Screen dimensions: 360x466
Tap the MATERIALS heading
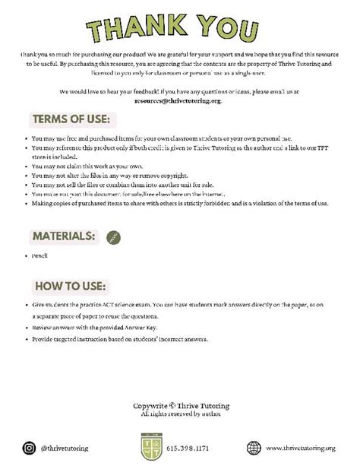[x=64, y=236]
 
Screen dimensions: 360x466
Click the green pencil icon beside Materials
[x=113, y=237]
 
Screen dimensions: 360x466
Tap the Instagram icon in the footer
[x=30, y=448]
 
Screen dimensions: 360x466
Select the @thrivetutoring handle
[x=65, y=448]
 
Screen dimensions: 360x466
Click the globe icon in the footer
[x=254, y=448]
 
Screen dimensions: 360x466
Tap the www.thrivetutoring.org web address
[x=301, y=448]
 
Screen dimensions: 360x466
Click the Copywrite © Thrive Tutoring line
[x=180, y=405]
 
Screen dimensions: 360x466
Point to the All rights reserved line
[x=180, y=414]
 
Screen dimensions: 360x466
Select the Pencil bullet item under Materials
[x=39, y=255]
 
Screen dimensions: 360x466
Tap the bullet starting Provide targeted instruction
[x=119, y=339]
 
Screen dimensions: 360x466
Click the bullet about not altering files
[x=109, y=175]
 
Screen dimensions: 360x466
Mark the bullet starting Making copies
[x=179, y=203]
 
